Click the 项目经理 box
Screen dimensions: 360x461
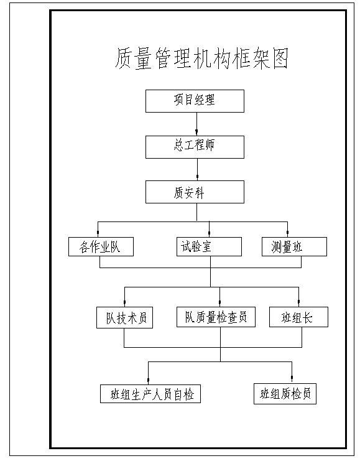click(x=195, y=101)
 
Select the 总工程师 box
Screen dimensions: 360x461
click(x=195, y=147)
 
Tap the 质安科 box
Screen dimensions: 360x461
click(x=195, y=192)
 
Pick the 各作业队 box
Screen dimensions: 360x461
click(x=101, y=246)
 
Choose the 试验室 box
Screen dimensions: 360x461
click(x=209, y=246)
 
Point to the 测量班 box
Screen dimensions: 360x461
click(x=294, y=246)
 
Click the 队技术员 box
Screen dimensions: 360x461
click(x=124, y=317)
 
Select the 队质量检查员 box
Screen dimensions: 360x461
click(x=216, y=317)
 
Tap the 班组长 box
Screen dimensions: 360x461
click(x=298, y=317)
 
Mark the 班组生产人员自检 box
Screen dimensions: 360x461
click(x=150, y=394)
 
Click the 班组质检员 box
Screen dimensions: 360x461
click(x=285, y=394)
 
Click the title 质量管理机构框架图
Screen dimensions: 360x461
click(x=201, y=58)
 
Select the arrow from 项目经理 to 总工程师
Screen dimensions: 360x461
click(x=197, y=124)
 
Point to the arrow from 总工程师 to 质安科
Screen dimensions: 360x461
click(x=197, y=169)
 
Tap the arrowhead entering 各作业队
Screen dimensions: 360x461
click(x=98, y=233)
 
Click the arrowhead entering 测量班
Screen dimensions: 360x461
click(x=287, y=233)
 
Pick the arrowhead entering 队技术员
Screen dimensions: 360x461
click(x=124, y=303)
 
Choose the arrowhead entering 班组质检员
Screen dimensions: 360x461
click(x=292, y=379)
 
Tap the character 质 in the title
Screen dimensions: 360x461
click(x=124, y=58)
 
